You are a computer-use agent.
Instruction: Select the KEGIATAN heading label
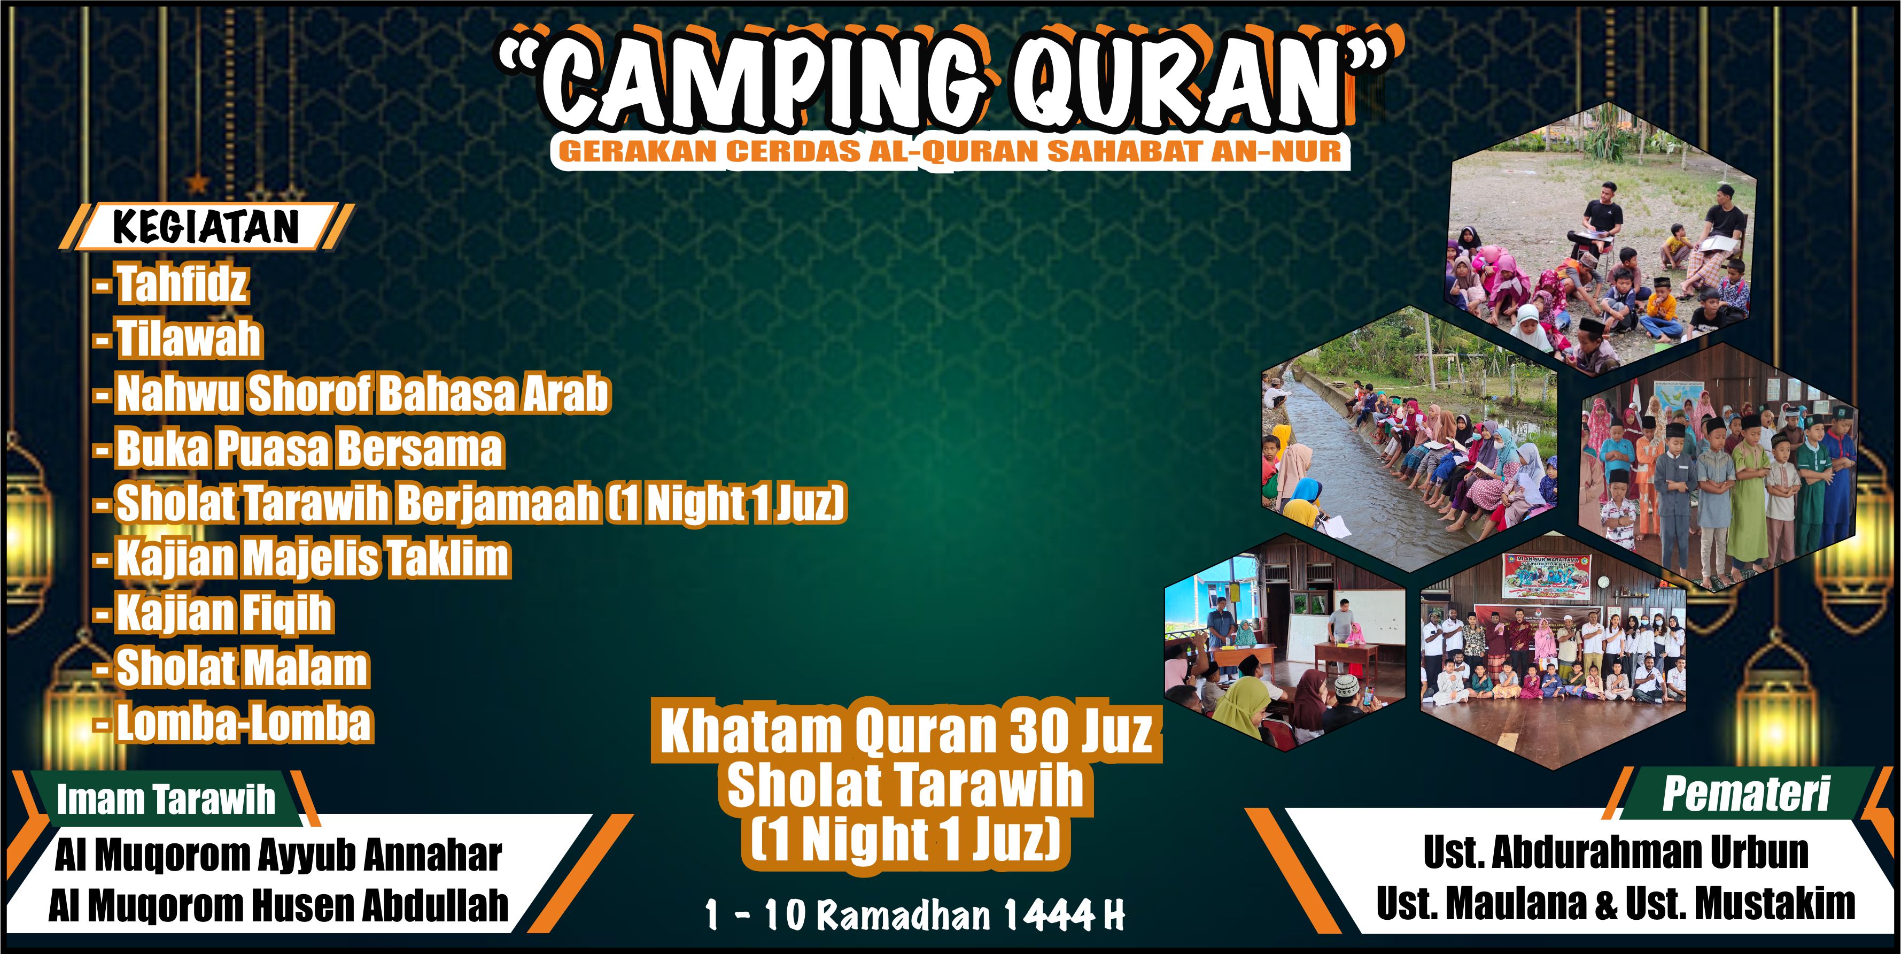coord(205,226)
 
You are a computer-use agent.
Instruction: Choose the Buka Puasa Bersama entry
coord(299,449)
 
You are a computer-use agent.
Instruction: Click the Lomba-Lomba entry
coord(233,723)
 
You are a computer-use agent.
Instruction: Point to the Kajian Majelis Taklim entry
coord(302,558)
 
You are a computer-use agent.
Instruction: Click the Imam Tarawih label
coord(166,799)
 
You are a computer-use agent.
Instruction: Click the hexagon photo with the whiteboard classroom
coord(1285,642)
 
